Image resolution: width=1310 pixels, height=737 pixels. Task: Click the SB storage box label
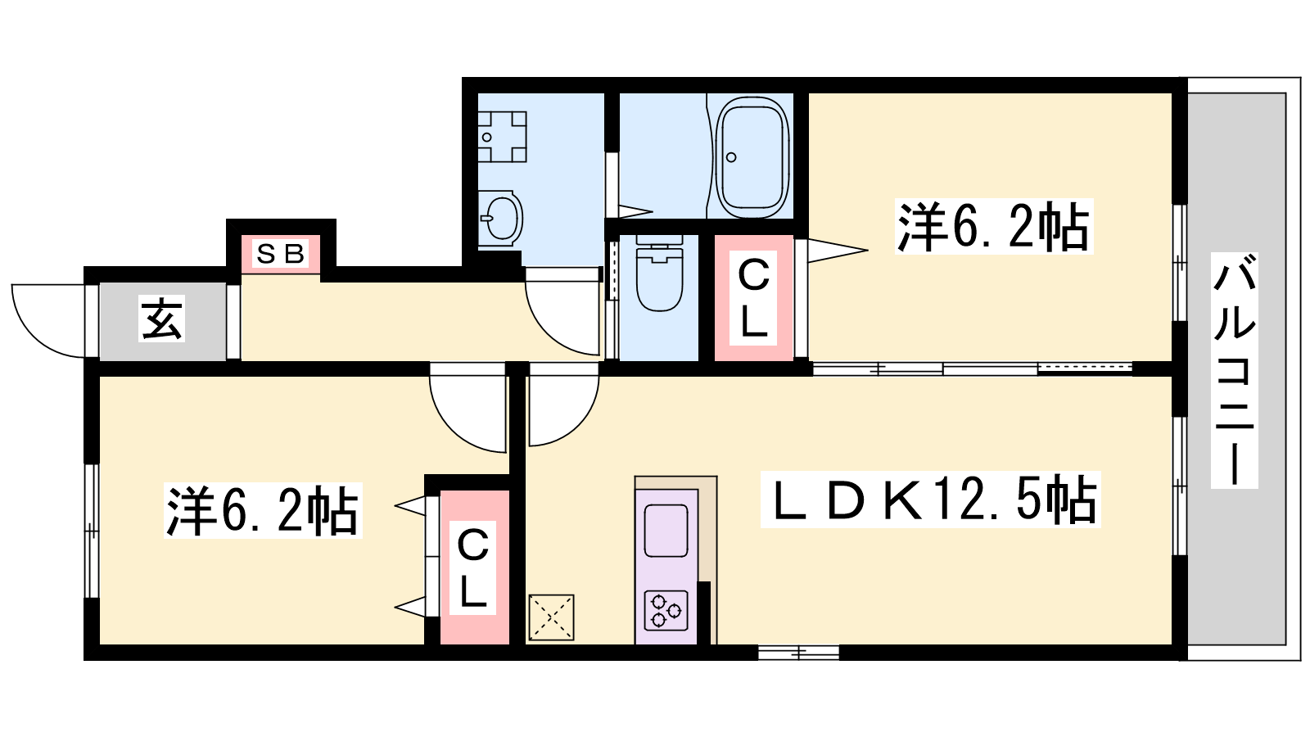click(281, 254)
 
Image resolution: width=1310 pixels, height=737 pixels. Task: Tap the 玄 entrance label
click(161, 319)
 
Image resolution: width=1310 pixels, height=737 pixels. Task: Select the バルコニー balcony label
click(1234, 370)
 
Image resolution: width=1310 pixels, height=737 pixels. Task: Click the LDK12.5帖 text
click(930, 500)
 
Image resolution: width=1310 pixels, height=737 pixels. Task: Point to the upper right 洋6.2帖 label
click(994, 226)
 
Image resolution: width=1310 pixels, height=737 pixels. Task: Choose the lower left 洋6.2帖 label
click(263, 511)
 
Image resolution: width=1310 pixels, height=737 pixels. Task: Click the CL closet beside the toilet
click(753, 298)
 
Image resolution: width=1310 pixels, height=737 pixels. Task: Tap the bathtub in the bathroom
click(752, 156)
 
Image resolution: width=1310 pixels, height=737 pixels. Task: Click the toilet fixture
click(660, 274)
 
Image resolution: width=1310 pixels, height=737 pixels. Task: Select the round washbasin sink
click(502, 218)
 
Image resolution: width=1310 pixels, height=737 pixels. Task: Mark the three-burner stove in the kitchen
click(666, 611)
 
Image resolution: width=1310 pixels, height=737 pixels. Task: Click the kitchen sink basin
click(666, 531)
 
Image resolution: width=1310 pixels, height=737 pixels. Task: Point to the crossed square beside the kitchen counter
click(551, 617)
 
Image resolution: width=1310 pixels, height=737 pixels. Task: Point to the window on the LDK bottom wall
click(798, 652)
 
